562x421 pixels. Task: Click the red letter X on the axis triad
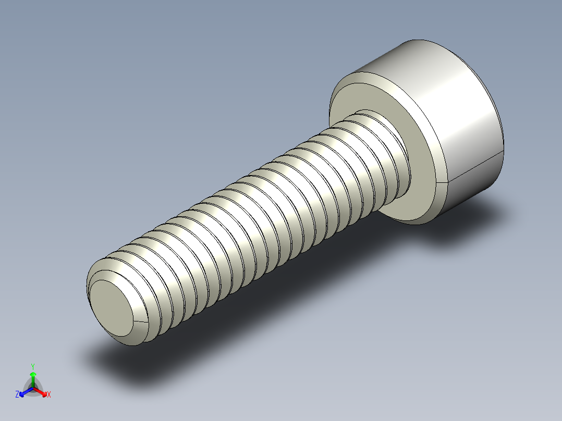[x=49, y=395]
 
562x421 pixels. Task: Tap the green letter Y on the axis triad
[x=32, y=366]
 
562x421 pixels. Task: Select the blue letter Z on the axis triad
[x=17, y=395]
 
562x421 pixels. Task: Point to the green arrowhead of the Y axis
[x=33, y=374]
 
